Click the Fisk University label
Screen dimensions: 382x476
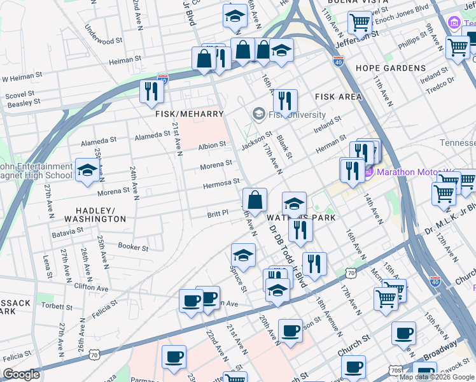(297, 115)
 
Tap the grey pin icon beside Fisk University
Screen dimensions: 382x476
(259, 115)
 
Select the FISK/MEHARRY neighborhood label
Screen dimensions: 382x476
(190, 114)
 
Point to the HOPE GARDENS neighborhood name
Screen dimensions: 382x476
(390, 68)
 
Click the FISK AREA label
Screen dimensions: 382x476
(338, 97)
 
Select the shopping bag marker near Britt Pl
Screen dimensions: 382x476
(255, 200)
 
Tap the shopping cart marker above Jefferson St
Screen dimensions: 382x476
(360, 24)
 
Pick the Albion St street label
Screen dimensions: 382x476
(212, 145)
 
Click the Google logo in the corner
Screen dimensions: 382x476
(21, 374)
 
